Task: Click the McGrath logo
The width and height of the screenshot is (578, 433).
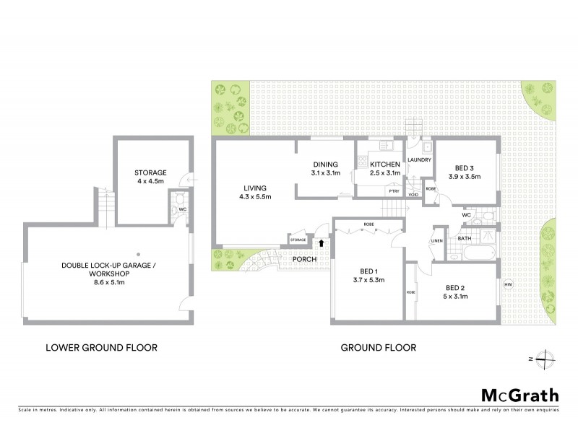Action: (519, 395)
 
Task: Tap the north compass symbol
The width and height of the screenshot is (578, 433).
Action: (546, 358)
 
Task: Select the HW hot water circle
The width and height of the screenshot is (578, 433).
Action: (506, 282)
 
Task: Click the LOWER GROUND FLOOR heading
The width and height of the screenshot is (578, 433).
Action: (101, 347)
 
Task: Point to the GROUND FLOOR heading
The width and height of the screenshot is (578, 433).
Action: (378, 347)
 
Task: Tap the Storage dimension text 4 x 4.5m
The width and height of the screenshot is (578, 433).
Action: (150, 183)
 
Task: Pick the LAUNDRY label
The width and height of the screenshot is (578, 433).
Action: (419, 160)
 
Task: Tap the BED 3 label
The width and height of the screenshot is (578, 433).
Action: (465, 166)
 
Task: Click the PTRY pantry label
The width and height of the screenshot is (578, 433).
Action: (394, 191)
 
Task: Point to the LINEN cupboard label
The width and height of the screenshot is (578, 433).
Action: (436, 241)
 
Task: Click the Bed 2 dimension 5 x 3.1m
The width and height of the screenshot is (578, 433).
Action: (457, 296)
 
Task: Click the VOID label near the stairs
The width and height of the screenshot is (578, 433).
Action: (413, 195)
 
